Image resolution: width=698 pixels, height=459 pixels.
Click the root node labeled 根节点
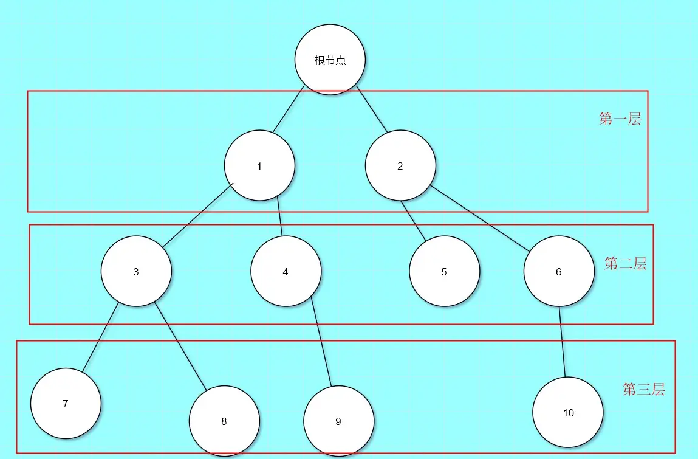coord(330,60)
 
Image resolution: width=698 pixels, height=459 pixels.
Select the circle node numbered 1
coord(259,165)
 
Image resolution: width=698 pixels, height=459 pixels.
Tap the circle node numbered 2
coord(400,165)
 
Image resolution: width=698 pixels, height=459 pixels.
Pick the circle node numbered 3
coord(136,271)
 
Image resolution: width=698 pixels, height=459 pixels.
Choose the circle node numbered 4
coord(286,271)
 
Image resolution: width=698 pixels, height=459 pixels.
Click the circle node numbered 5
coord(444,271)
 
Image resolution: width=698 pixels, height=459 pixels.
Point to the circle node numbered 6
coord(559,271)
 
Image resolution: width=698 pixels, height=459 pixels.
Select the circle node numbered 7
coord(66,403)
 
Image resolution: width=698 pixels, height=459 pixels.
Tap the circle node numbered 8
coord(224,421)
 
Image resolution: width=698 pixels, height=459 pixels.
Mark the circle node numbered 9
coord(338,421)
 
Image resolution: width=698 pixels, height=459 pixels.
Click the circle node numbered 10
coord(568,412)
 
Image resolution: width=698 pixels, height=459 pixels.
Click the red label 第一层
coord(620,119)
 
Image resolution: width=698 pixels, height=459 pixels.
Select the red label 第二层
coord(625,263)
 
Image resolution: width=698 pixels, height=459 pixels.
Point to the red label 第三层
coord(643,389)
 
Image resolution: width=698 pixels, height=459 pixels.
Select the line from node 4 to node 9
coord(321,340)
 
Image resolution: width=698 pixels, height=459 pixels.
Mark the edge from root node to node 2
coord(372,111)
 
